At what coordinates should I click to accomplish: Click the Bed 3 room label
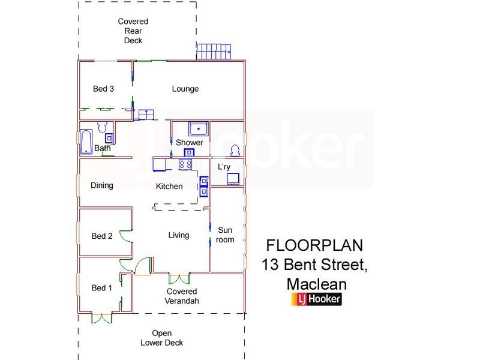[103, 89]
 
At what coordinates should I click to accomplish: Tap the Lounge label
[185, 89]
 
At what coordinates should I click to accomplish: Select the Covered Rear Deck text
[133, 31]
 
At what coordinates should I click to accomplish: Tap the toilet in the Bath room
[102, 128]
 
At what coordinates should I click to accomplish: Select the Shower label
[189, 143]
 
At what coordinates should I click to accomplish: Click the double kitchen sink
[203, 186]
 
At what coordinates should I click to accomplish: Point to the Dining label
[102, 185]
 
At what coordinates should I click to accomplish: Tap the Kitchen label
[169, 187]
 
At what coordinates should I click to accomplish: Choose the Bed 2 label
[102, 236]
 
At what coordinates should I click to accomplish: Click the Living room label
[179, 235]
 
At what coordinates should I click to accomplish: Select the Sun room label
[226, 235]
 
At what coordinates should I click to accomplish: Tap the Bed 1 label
[102, 288]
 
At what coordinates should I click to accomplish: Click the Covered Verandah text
[182, 296]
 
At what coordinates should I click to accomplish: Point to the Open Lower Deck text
[161, 338]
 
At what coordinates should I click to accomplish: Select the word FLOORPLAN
[314, 245]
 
